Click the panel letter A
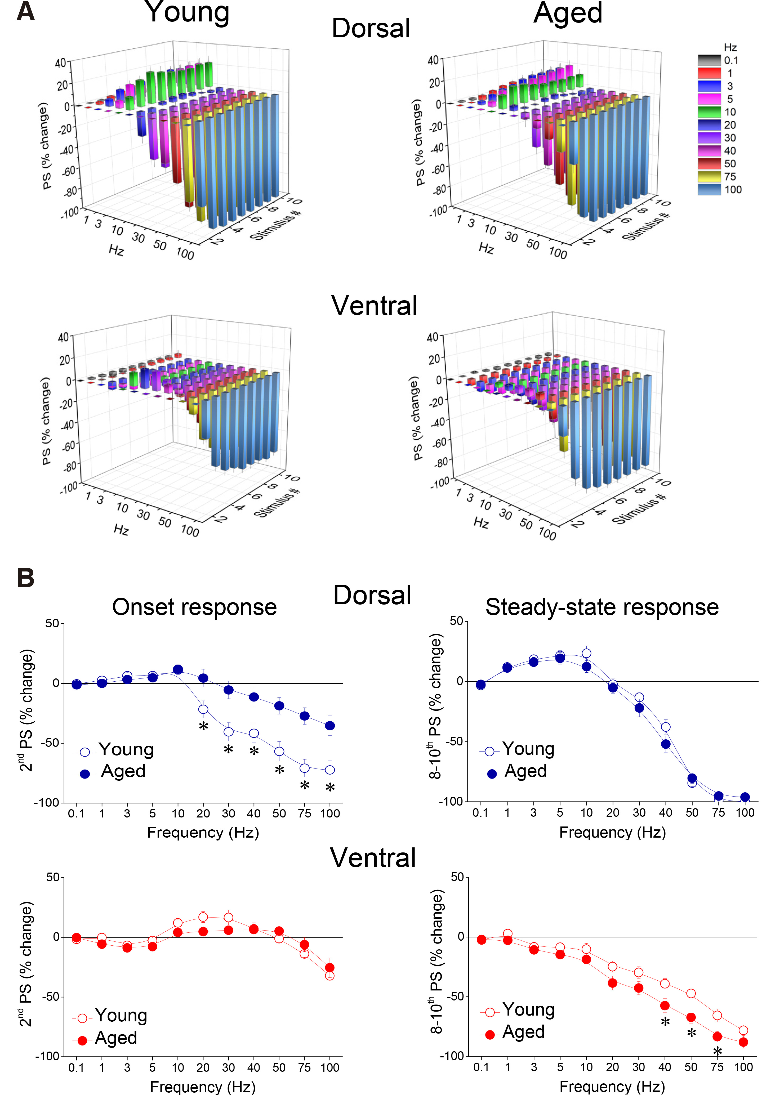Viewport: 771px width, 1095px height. point(26,11)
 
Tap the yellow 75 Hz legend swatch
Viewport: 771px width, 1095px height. point(709,176)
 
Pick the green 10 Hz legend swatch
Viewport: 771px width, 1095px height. point(709,112)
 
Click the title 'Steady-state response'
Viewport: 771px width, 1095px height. point(602,607)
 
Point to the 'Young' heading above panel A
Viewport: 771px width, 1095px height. point(187,12)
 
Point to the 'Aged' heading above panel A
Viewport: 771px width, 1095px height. point(568,12)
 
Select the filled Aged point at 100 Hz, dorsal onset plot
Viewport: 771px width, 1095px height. point(330,726)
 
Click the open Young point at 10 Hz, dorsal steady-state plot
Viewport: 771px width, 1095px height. point(586,653)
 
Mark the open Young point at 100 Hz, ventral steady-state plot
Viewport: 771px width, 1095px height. point(743,1030)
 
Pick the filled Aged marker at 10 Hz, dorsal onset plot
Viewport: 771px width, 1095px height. point(178,670)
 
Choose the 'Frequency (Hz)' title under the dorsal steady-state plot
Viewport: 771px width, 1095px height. point(612,832)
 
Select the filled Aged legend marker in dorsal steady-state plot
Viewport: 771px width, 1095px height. point(492,774)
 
